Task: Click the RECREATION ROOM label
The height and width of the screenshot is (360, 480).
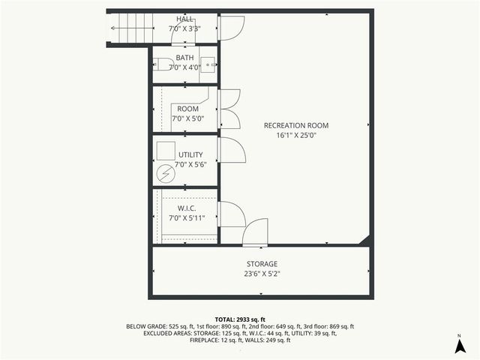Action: click(296, 125)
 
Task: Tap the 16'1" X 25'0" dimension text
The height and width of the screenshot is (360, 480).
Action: click(296, 136)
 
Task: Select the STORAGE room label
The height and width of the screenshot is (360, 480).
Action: click(262, 264)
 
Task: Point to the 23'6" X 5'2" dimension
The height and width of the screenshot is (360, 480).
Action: click(262, 274)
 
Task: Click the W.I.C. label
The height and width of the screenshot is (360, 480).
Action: click(187, 208)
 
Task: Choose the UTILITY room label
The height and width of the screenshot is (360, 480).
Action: click(190, 154)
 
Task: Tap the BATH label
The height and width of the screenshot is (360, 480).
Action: click(184, 58)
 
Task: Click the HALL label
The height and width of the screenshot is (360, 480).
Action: click(184, 19)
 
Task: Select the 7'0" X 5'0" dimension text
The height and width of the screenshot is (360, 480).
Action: click(187, 118)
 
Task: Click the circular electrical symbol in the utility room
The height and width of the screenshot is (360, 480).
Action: click(165, 174)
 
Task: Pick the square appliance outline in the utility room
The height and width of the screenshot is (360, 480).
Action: click(165, 149)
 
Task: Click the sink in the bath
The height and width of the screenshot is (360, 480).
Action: click(208, 64)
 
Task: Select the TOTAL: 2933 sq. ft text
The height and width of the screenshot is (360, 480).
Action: click(240, 319)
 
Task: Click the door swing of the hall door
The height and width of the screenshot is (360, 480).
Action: click(229, 28)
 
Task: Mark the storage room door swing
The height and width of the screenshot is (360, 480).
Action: click(256, 232)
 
